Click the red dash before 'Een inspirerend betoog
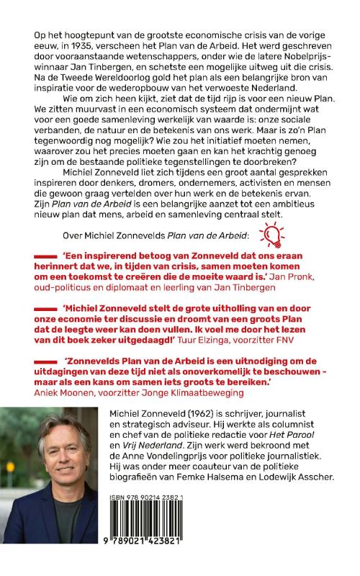(53, 255)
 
